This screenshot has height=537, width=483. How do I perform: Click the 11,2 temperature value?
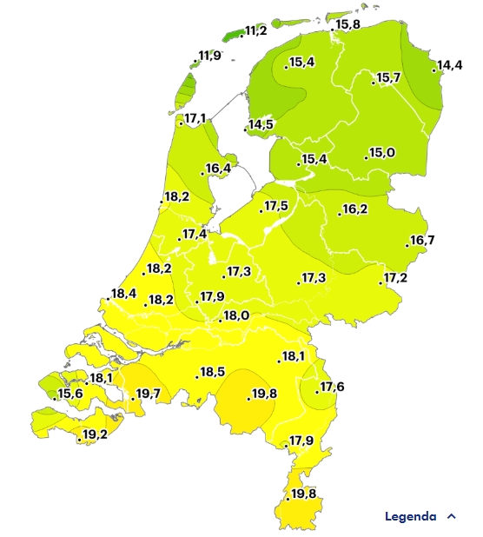point(256,30)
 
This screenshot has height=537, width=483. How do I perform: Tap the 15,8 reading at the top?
point(347,24)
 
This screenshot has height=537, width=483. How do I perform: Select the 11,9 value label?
point(209,56)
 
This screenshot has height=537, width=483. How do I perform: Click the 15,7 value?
point(387,78)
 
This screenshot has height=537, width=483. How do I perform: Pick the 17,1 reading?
point(195,119)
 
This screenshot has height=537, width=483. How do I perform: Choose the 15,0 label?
point(382,153)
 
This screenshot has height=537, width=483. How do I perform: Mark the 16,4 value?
point(218,169)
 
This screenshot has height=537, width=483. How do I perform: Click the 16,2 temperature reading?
point(354,209)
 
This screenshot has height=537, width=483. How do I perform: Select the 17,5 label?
point(276,206)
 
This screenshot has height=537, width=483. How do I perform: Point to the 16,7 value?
point(422,241)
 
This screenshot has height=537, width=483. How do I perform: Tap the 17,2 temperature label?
point(395,278)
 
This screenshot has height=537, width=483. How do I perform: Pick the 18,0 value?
point(236,316)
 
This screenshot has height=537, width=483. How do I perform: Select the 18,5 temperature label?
point(212,373)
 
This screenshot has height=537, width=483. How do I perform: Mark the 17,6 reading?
point(332,387)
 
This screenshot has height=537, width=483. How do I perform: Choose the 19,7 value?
point(149,394)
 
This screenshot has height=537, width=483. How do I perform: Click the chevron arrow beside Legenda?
point(451,516)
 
